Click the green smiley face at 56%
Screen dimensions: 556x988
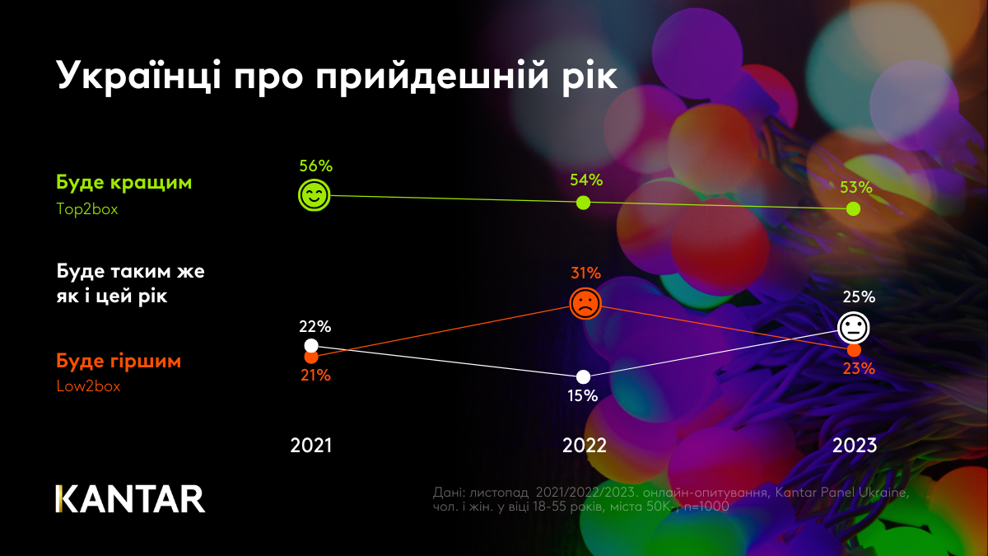click(314, 195)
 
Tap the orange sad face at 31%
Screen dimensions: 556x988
click(585, 303)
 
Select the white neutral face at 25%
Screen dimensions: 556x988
click(854, 328)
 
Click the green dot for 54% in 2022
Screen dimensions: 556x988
click(583, 202)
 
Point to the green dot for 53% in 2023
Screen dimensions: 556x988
click(854, 208)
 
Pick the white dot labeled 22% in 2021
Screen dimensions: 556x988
click(310, 344)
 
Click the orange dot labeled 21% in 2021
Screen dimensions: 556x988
click(310, 357)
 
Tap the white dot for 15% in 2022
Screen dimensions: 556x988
click(584, 376)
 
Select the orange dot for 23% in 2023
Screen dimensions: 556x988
click(855, 350)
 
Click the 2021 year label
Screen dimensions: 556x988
click(311, 446)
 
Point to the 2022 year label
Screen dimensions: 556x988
click(585, 446)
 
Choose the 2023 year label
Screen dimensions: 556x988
click(855, 446)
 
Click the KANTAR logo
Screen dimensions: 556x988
click(130, 499)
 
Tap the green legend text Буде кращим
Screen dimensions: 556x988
click(123, 182)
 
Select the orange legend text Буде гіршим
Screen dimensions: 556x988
click(119, 362)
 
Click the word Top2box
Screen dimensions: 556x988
click(87, 209)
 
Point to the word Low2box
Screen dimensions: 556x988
click(88, 386)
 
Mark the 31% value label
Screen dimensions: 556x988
click(585, 273)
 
